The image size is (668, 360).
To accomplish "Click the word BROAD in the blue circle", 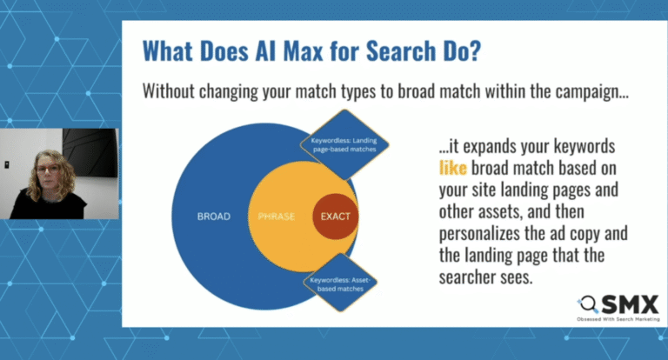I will pyautogui.click(x=213, y=216).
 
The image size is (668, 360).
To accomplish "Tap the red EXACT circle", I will pyautogui.click(x=334, y=216).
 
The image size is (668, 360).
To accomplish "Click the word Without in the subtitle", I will pyautogui.click(x=172, y=90).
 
